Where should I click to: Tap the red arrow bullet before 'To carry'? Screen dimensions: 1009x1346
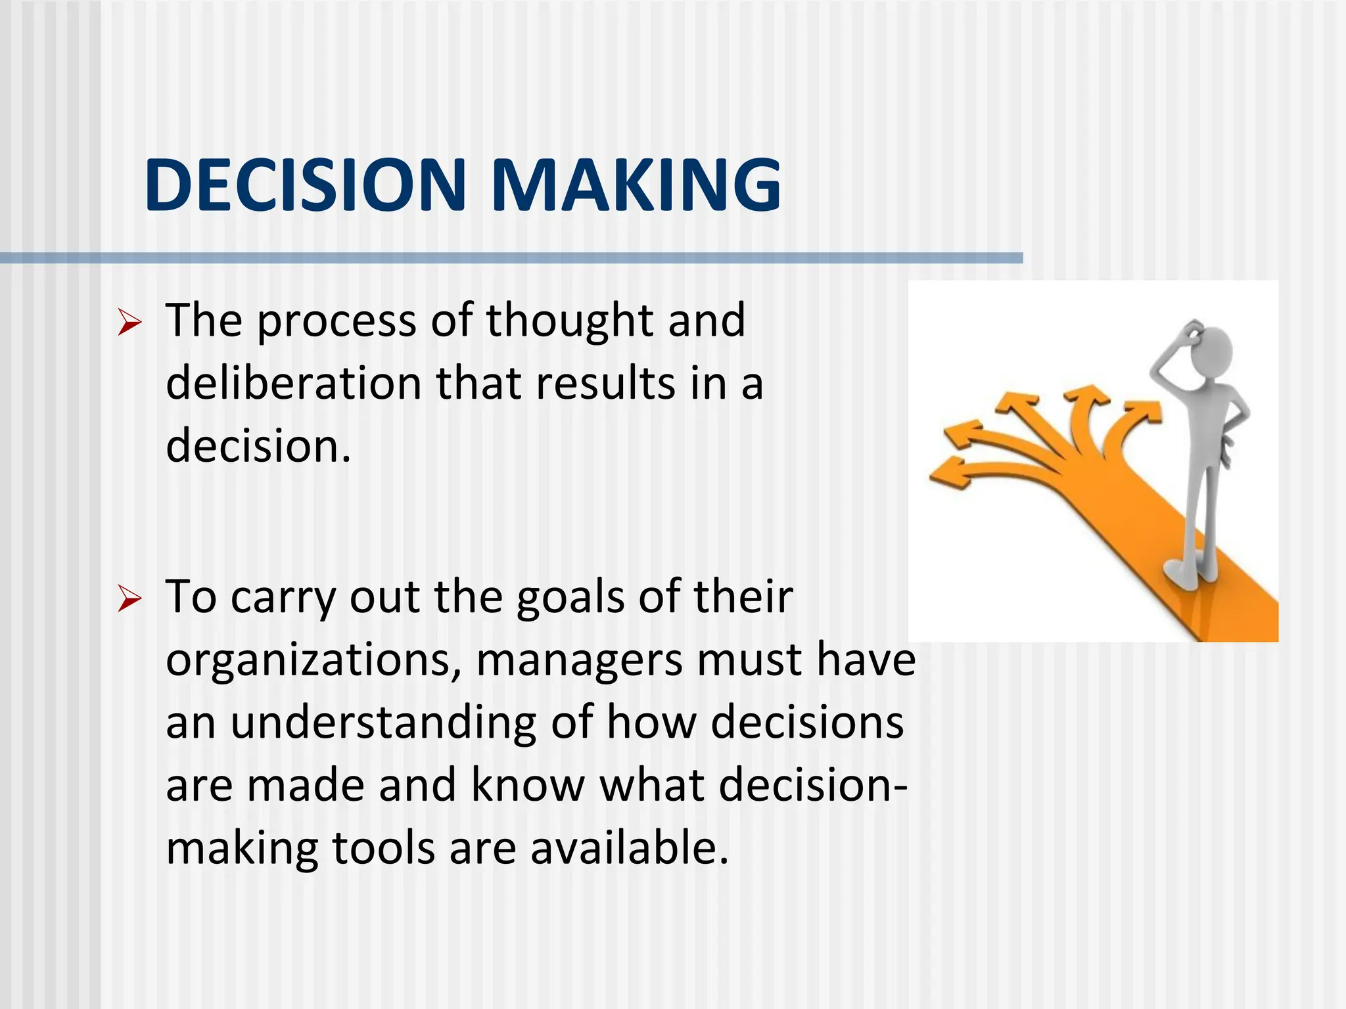coord(129,600)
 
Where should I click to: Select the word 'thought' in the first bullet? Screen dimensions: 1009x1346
coord(569,322)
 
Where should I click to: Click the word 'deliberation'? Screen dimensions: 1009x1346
coord(293,384)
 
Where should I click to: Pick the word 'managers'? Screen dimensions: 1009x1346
coord(578,661)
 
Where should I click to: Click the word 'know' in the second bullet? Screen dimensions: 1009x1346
coord(528,786)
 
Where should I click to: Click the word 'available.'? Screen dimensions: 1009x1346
coord(630,848)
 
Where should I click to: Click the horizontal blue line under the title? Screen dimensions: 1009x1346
coord(511,258)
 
